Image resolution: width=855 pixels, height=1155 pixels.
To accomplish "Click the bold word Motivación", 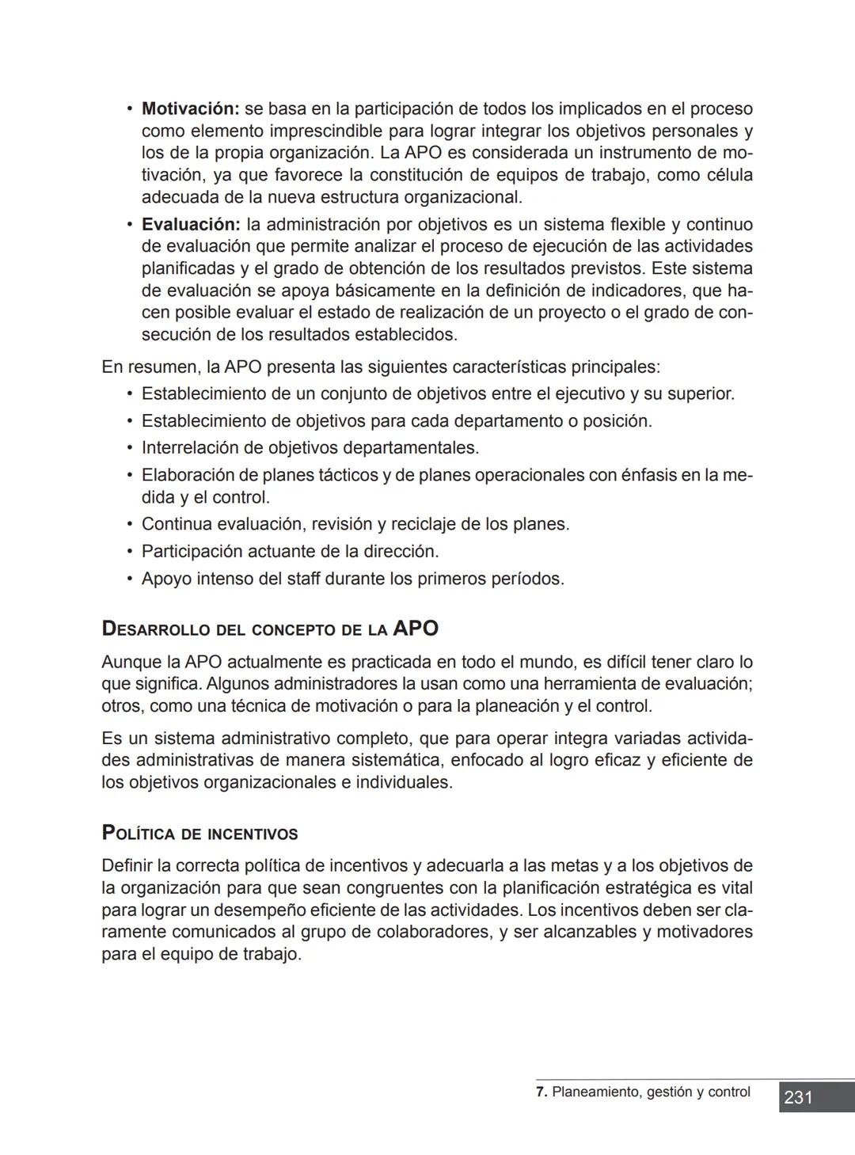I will (x=190, y=108).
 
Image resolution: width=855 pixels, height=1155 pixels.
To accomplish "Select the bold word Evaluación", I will (x=191, y=225).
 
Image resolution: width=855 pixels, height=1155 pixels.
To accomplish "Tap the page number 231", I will (x=798, y=1097).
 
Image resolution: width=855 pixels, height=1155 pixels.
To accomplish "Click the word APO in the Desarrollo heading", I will (x=416, y=629).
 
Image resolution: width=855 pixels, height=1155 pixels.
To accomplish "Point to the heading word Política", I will (x=139, y=834).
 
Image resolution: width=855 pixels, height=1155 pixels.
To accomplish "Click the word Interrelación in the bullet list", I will (x=190, y=448).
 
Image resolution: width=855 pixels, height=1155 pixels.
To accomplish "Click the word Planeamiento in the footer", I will (x=596, y=1092).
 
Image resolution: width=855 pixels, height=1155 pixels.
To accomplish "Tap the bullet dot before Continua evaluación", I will (x=130, y=524).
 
